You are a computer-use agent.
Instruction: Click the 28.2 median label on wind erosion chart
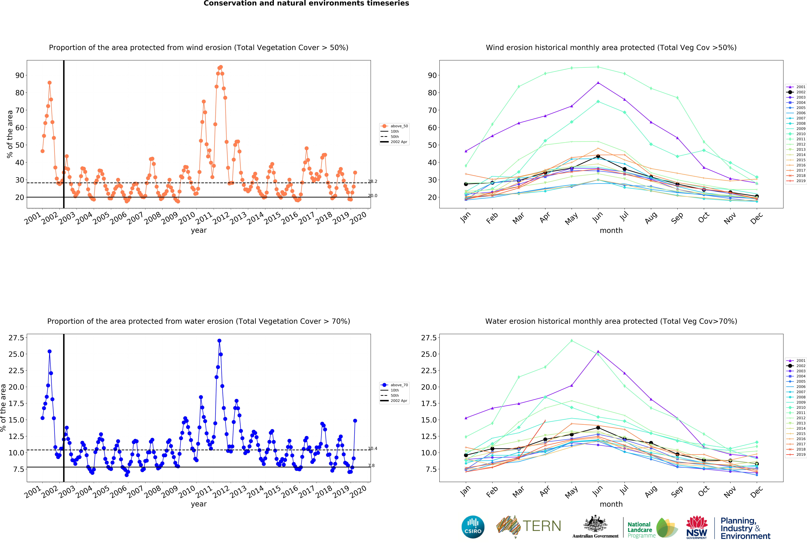[x=373, y=182]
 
